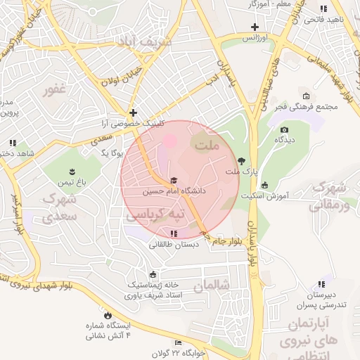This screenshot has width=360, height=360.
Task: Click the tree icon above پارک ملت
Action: [243, 161]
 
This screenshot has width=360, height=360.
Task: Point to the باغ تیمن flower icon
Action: [72, 172]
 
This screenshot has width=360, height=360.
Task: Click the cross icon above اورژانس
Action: [255, 27]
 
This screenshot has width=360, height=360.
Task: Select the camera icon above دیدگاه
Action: [284, 129]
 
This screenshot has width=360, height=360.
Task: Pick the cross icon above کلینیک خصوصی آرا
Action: [133, 112]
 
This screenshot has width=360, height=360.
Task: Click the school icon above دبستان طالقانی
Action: [174, 233]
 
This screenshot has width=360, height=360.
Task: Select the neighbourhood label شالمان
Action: [212, 286]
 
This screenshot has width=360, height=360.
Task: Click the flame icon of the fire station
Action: [108, 314]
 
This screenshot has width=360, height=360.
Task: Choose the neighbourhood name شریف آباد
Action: [146, 43]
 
